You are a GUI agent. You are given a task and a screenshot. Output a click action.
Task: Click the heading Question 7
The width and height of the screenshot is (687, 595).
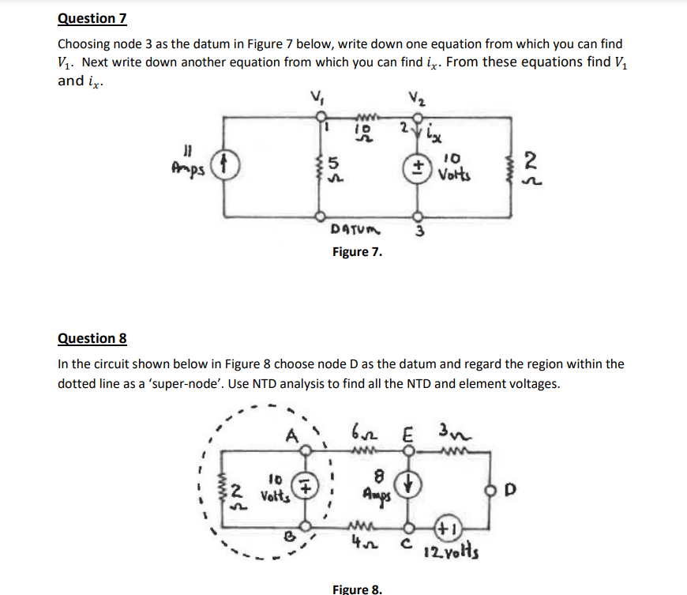point(92,18)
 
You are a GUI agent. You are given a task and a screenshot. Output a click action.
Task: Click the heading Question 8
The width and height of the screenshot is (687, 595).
point(92,338)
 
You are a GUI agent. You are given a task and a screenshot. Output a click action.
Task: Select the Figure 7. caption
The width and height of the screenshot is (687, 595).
point(357,252)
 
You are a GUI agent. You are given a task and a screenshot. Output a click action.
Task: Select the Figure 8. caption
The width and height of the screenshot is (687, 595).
point(358,589)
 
